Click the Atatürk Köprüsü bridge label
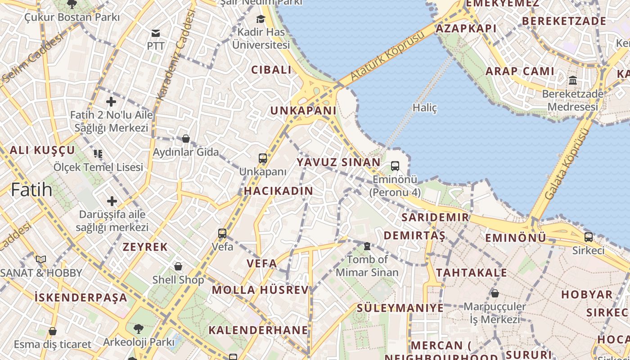pyautogui.click(x=387, y=56)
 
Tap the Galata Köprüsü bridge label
pyautogui.click(x=567, y=164)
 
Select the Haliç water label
pyautogui.click(x=425, y=108)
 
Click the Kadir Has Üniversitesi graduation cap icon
pyautogui.click(x=261, y=19)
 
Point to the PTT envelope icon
pyautogui.click(x=156, y=33)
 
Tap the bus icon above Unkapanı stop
pyautogui.click(x=263, y=158)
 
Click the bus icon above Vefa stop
pyautogui.click(x=222, y=234)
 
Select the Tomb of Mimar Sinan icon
pyautogui.click(x=367, y=246)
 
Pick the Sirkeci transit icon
pyautogui.click(x=588, y=237)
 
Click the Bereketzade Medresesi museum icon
pyautogui.click(x=573, y=81)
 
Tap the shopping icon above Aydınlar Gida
pyautogui.click(x=185, y=139)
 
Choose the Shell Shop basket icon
pyautogui.click(x=178, y=266)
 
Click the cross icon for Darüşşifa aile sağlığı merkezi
pyautogui.click(x=112, y=201)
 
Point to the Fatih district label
pyautogui.click(x=31, y=189)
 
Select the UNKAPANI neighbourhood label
pyautogui.click(x=303, y=111)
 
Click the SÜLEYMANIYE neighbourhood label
pyautogui.click(x=400, y=308)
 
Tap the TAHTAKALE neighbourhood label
pyautogui.click(x=471, y=273)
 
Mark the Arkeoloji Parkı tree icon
pyautogui.click(x=138, y=329)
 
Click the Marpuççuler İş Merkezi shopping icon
pyautogui.click(x=495, y=293)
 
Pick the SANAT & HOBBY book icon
pyautogui.click(x=41, y=259)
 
